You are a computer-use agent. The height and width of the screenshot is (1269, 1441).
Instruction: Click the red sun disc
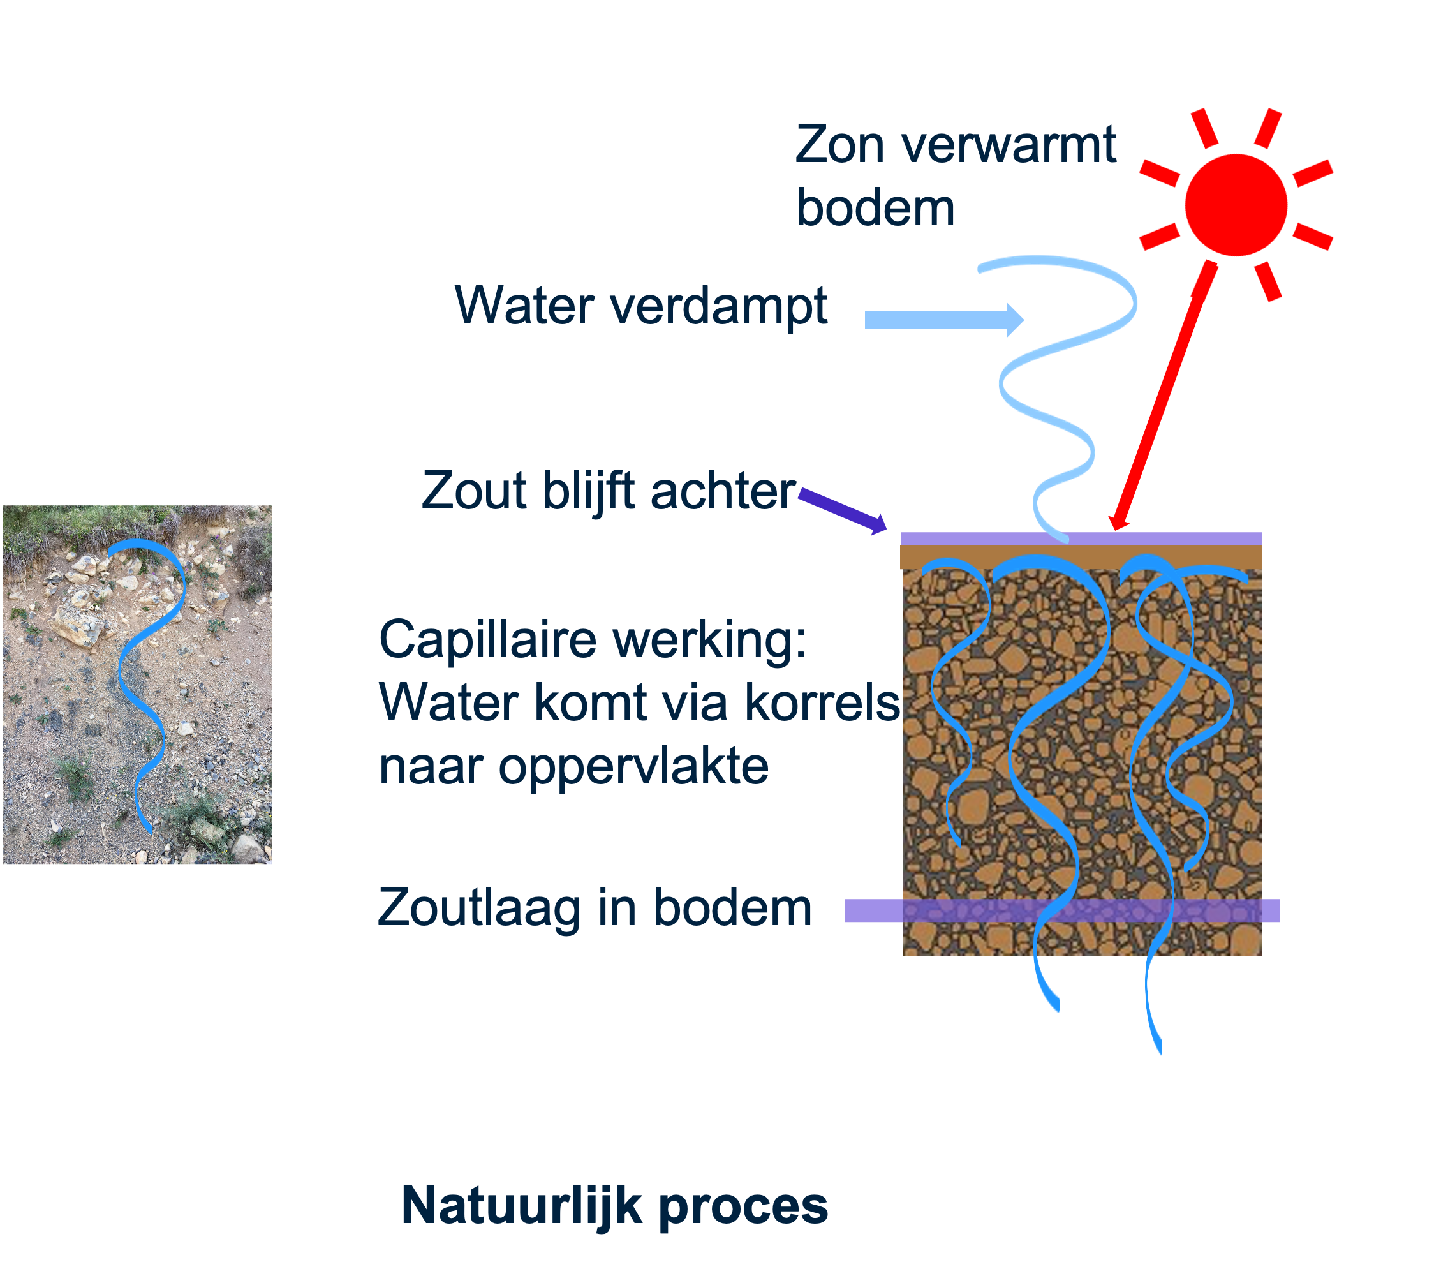pos(1236,204)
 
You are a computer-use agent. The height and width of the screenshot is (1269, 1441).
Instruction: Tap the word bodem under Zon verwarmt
pos(875,209)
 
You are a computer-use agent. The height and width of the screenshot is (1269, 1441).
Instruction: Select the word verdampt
pos(718,307)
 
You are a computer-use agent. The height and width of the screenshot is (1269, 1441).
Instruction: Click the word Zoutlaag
pos(480,908)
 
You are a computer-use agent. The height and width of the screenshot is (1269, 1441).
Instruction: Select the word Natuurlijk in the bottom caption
pos(522,1206)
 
